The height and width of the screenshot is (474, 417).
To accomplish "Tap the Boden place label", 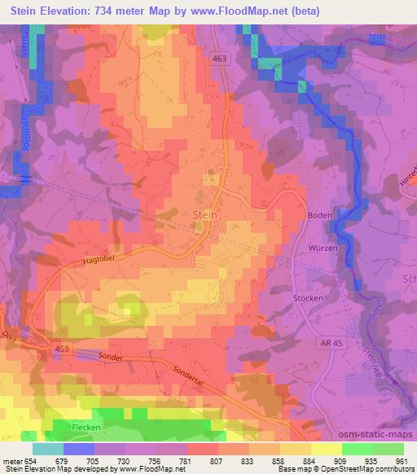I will coord(318,214).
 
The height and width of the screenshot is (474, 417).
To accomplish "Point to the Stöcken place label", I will coord(308,299).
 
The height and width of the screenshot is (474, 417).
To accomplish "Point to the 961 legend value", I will coord(402,463).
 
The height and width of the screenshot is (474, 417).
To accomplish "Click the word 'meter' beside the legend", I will coord(11,463).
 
